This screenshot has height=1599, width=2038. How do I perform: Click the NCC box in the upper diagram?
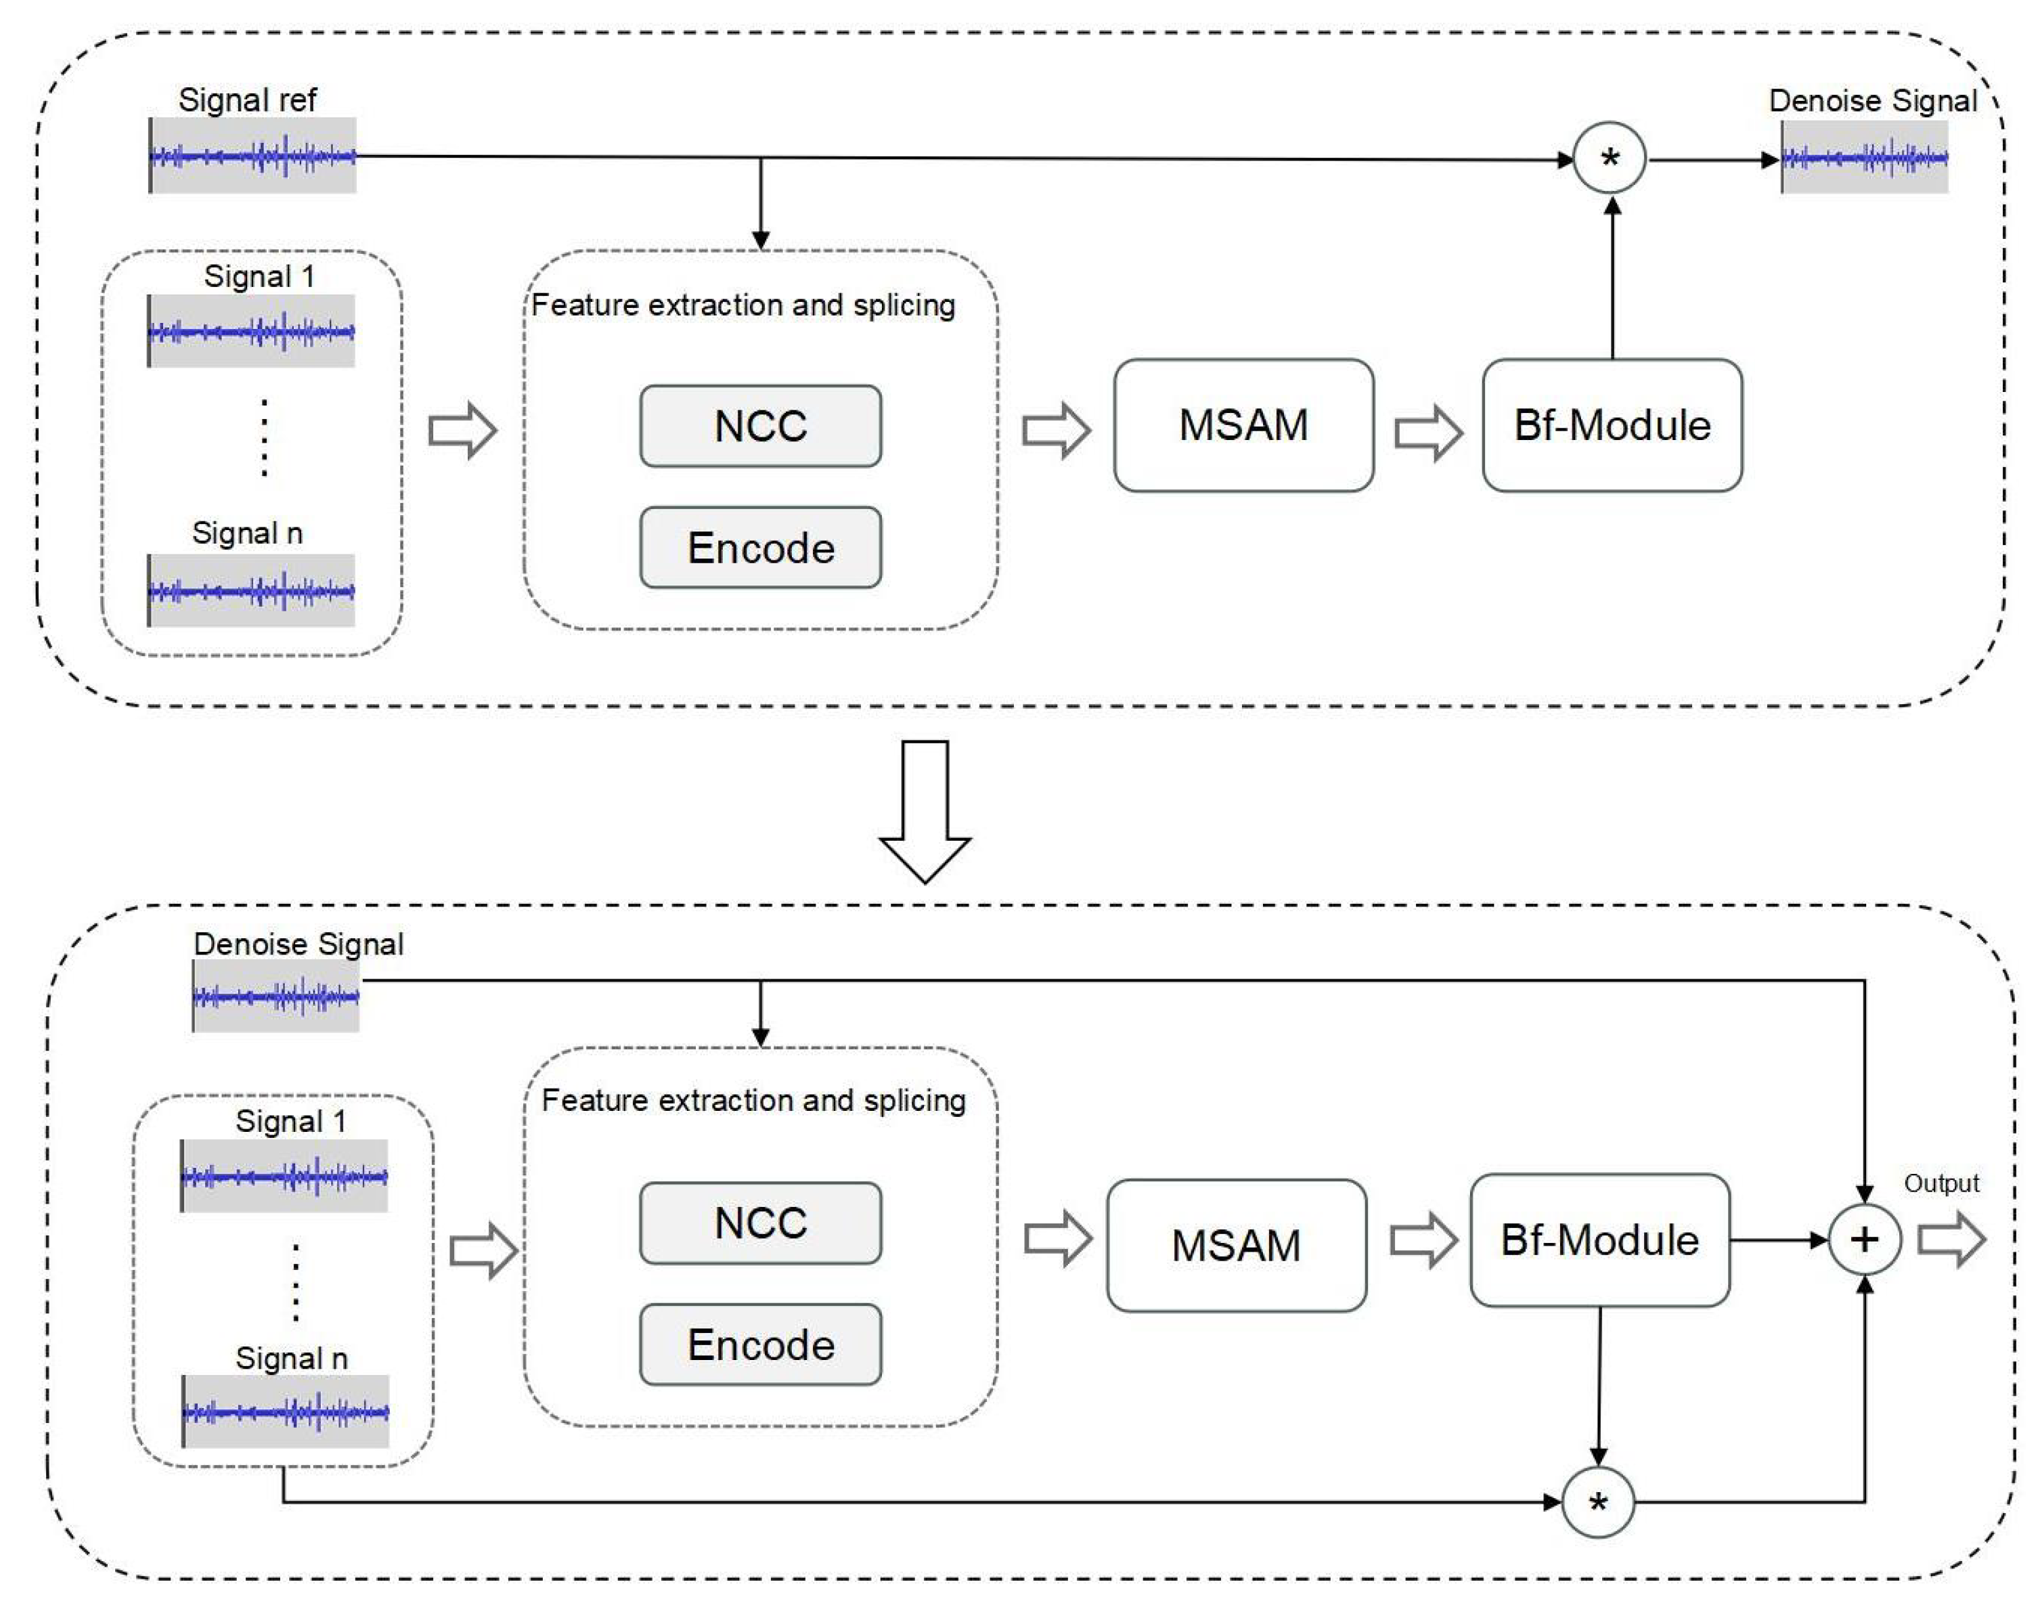(x=760, y=426)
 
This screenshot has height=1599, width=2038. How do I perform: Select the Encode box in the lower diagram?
(x=760, y=1344)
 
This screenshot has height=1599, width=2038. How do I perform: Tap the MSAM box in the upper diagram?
(x=1243, y=425)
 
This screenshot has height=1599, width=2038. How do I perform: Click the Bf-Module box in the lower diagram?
(x=1599, y=1240)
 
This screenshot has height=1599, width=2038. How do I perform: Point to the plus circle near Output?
(x=1864, y=1240)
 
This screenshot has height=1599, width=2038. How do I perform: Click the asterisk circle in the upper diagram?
(x=1610, y=158)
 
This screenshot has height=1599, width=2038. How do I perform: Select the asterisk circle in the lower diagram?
(x=1598, y=1503)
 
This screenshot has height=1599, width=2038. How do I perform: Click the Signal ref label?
(x=247, y=100)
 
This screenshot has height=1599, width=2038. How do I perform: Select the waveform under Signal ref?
(x=252, y=156)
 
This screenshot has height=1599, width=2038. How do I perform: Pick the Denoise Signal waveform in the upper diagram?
(x=1864, y=157)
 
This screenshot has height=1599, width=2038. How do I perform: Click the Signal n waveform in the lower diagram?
(x=286, y=1411)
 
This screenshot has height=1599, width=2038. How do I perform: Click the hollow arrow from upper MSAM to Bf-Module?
(x=1427, y=433)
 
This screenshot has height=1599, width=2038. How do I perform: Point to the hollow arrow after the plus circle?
(x=1951, y=1240)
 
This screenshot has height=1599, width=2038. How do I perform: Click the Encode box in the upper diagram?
(x=760, y=548)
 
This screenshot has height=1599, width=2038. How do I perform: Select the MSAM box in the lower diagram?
(x=1236, y=1245)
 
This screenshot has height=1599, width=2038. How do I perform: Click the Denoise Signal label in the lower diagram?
(x=298, y=944)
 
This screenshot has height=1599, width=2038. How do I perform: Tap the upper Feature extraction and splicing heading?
(x=743, y=305)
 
